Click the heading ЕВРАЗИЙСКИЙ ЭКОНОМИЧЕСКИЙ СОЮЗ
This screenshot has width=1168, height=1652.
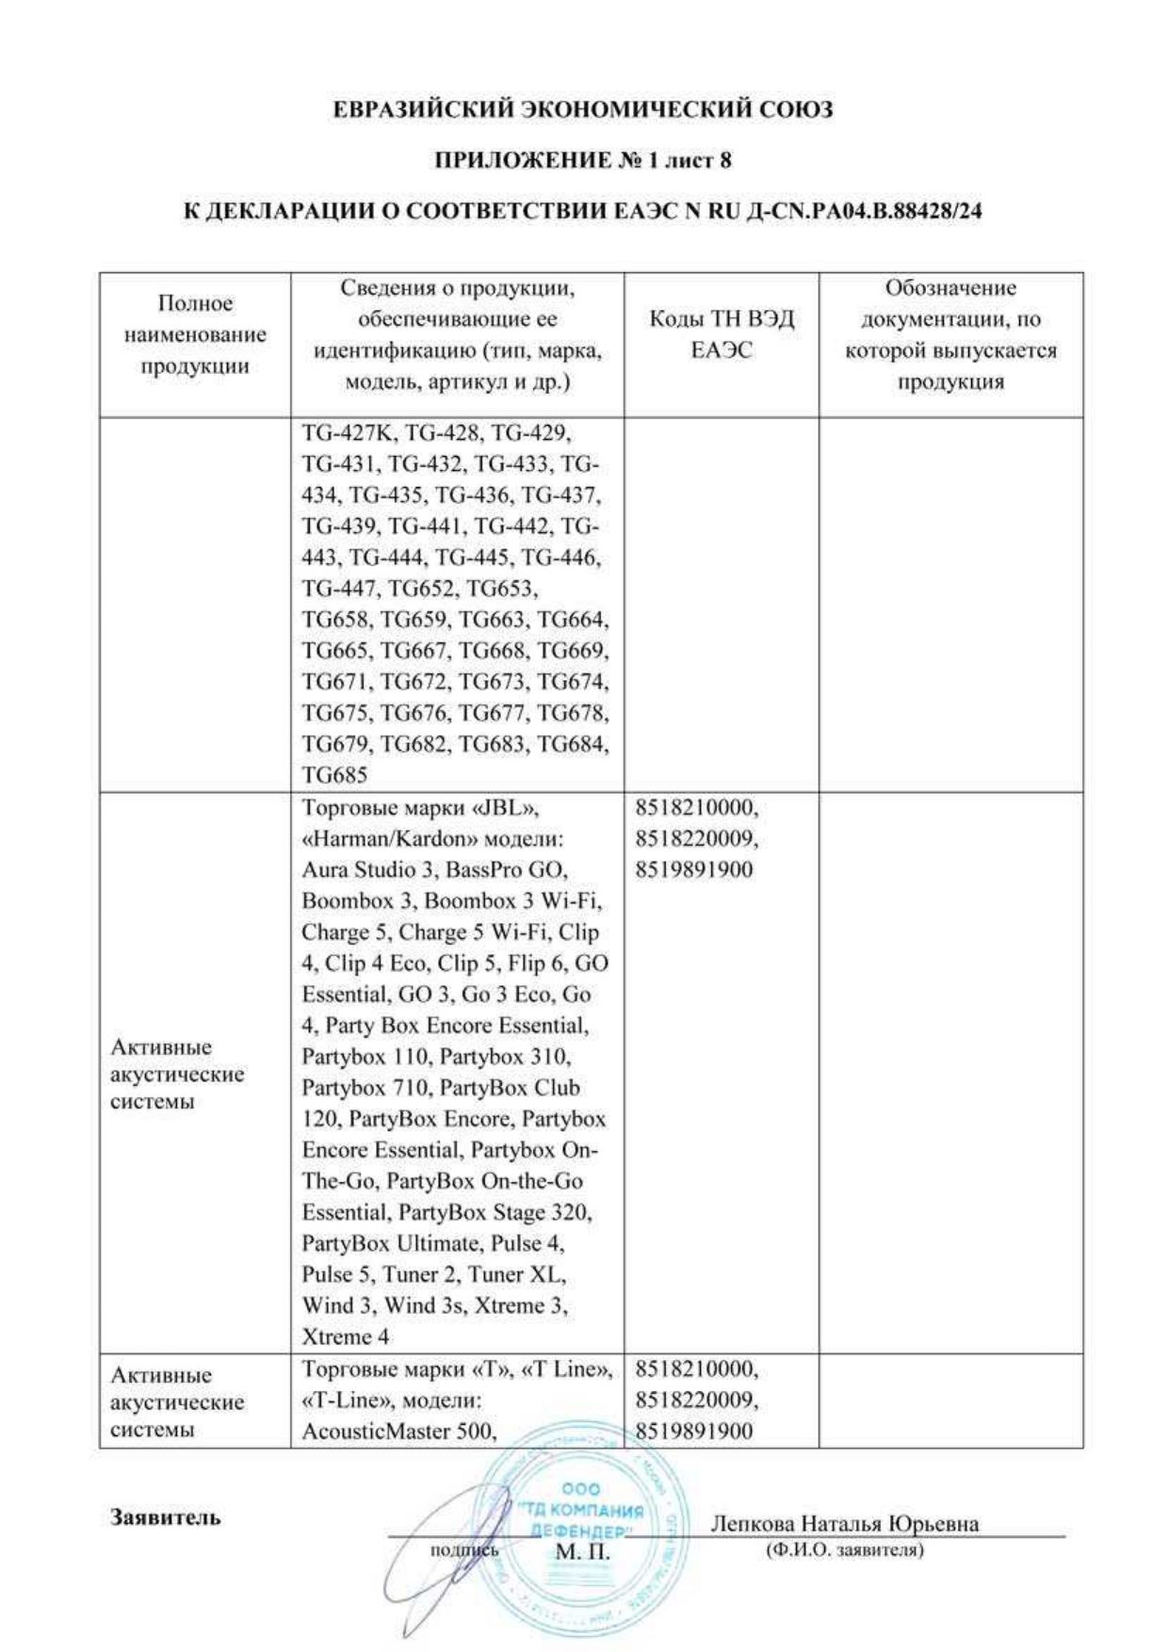click(583, 110)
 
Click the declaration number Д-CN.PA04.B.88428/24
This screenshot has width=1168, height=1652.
click(863, 211)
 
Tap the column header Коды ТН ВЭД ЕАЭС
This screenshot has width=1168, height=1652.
click(722, 334)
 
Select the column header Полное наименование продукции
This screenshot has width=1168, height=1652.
click(195, 334)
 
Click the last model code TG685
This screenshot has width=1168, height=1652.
click(334, 775)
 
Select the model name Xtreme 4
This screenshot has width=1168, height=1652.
click(345, 1336)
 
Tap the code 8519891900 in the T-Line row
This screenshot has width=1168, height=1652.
click(694, 1432)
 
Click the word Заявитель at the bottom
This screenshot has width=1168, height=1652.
click(165, 1517)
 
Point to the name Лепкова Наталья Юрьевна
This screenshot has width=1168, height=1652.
click(844, 1524)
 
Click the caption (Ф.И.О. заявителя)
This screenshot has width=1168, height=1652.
click(845, 1549)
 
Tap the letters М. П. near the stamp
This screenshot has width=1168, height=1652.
click(582, 1551)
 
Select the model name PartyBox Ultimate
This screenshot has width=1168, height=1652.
click(390, 1243)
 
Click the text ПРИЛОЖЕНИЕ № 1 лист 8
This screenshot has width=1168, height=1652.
click(583, 160)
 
